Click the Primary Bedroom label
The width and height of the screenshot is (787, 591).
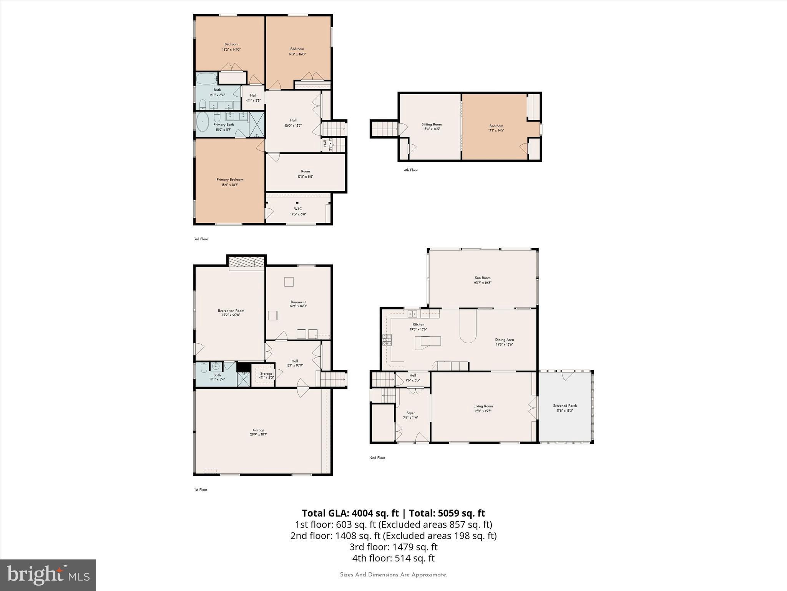point(230,180)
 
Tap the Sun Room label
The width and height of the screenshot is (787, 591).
point(483,278)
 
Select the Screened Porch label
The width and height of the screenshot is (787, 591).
point(565,406)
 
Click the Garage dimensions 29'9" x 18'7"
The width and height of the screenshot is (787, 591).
point(258,434)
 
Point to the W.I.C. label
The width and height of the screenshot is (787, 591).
point(298,209)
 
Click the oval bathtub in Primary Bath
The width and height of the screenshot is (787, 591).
point(203,122)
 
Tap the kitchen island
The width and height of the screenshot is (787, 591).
point(428,342)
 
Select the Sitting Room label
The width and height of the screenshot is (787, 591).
point(432,124)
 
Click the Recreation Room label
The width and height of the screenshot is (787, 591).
point(231,311)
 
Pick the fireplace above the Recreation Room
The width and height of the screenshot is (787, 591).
point(246,262)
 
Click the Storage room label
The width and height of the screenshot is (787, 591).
point(266,374)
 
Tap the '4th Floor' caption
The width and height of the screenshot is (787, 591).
point(411,170)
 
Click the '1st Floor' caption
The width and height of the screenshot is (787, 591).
point(201,490)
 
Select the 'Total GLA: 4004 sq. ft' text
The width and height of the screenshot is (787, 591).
point(350,513)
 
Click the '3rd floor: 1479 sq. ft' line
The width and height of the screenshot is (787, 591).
point(393,547)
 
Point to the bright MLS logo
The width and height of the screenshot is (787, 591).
point(48,575)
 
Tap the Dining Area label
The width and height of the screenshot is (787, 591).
point(504,340)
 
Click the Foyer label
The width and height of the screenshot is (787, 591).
point(410,413)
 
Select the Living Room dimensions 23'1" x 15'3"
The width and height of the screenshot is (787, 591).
point(483,411)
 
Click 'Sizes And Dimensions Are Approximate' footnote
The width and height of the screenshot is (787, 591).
point(393,575)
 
